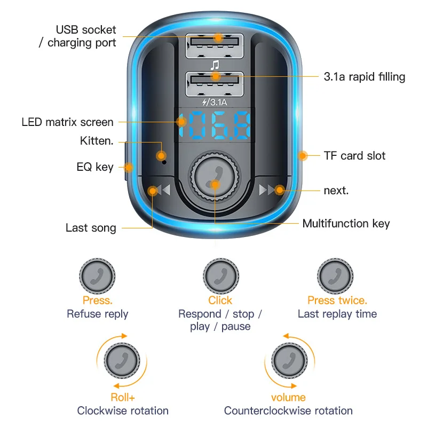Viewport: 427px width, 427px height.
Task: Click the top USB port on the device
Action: [215, 45]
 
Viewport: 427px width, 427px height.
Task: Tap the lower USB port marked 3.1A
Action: [215, 83]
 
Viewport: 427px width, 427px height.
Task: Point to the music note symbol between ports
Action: [215, 65]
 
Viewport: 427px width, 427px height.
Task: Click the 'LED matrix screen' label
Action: [68, 122]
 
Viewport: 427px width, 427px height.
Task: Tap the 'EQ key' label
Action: [95, 167]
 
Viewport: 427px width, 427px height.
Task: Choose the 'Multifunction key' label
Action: [346, 224]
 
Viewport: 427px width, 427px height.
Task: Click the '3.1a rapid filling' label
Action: [365, 77]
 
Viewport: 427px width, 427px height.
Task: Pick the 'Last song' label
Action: [91, 228]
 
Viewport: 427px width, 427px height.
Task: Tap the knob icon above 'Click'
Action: [220, 276]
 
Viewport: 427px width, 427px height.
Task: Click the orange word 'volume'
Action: [288, 397]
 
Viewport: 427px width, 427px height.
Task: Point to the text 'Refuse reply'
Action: [98, 314]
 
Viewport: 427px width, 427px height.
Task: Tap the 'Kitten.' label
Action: [97, 141]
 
